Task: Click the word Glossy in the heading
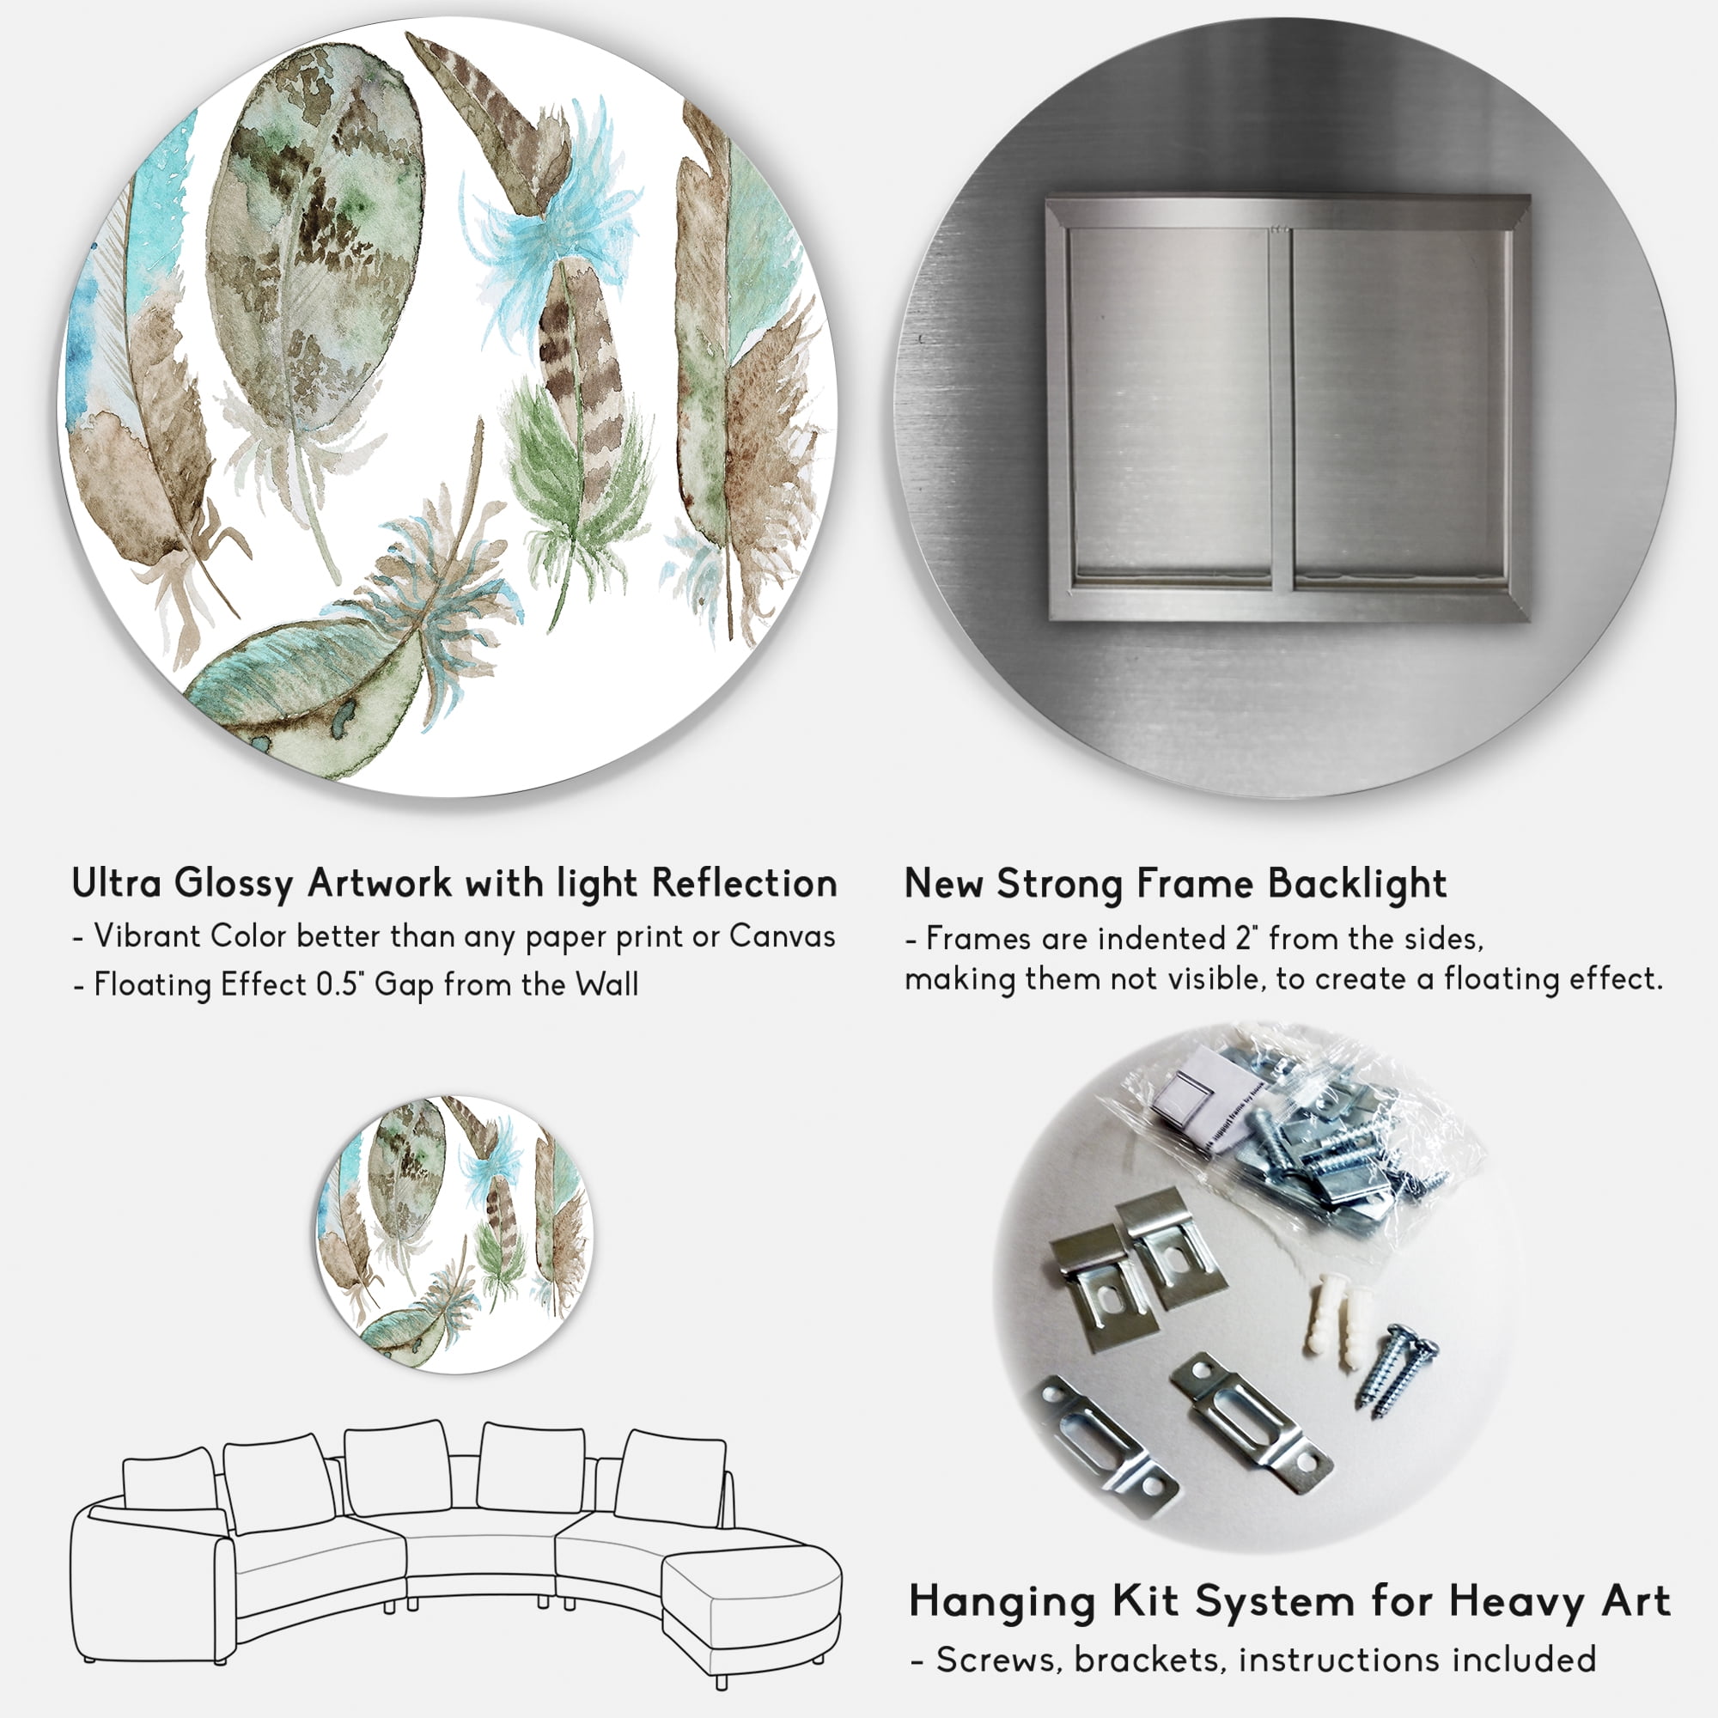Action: [233, 885]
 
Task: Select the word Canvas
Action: [783, 936]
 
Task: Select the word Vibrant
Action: [148, 936]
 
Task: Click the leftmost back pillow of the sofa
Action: [169, 1479]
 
